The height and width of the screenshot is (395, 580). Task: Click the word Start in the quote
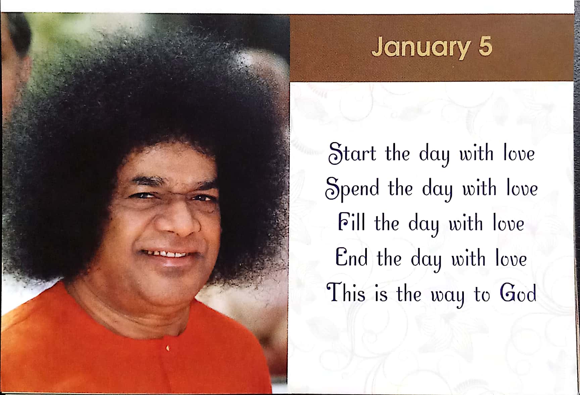tap(352, 153)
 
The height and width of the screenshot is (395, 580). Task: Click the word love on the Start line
tap(519, 153)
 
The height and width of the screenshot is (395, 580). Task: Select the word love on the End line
tap(511, 258)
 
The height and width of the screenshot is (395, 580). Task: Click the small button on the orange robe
tap(167, 348)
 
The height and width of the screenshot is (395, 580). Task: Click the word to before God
tap(482, 294)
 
